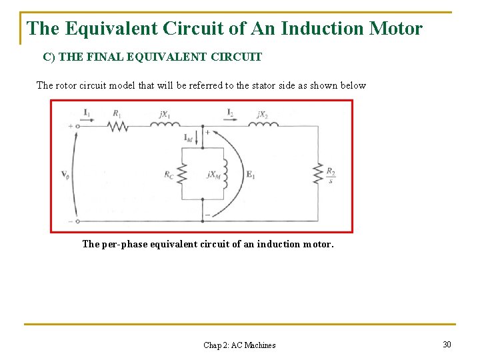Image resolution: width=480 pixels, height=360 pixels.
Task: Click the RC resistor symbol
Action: coord(182,174)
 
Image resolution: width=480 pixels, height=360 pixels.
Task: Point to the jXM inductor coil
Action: coord(225,174)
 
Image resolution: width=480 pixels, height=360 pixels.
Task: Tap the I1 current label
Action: coord(87,112)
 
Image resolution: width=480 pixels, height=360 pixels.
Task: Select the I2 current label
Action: coord(230,112)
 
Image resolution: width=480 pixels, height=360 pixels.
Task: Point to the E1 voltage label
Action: coord(251,175)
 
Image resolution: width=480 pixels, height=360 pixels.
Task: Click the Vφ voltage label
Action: coord(65,175)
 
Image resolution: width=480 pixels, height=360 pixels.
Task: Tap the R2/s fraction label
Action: coord(331,175)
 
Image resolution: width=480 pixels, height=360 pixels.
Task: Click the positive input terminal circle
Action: coord(78,125)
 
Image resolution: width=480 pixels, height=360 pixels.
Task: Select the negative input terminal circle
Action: coord(78,221)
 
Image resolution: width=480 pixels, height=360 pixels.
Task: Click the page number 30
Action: coord(447,344)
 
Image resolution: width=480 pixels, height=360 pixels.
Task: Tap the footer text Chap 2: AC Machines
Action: coord(239,345)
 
